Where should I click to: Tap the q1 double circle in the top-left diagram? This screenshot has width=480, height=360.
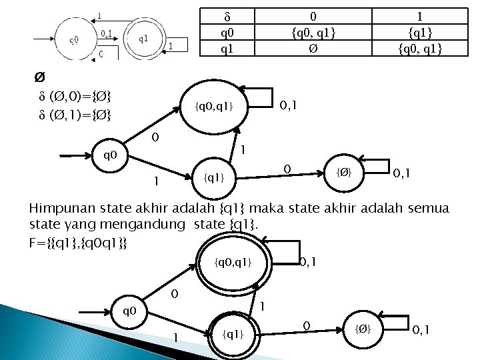(x=143, y=38)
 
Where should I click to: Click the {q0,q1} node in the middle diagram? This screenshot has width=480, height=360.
(x=213, y=105)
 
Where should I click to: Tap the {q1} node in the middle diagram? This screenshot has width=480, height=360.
(x=213, y=178)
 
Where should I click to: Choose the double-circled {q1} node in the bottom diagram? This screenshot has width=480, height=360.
(x=232, y=331)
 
